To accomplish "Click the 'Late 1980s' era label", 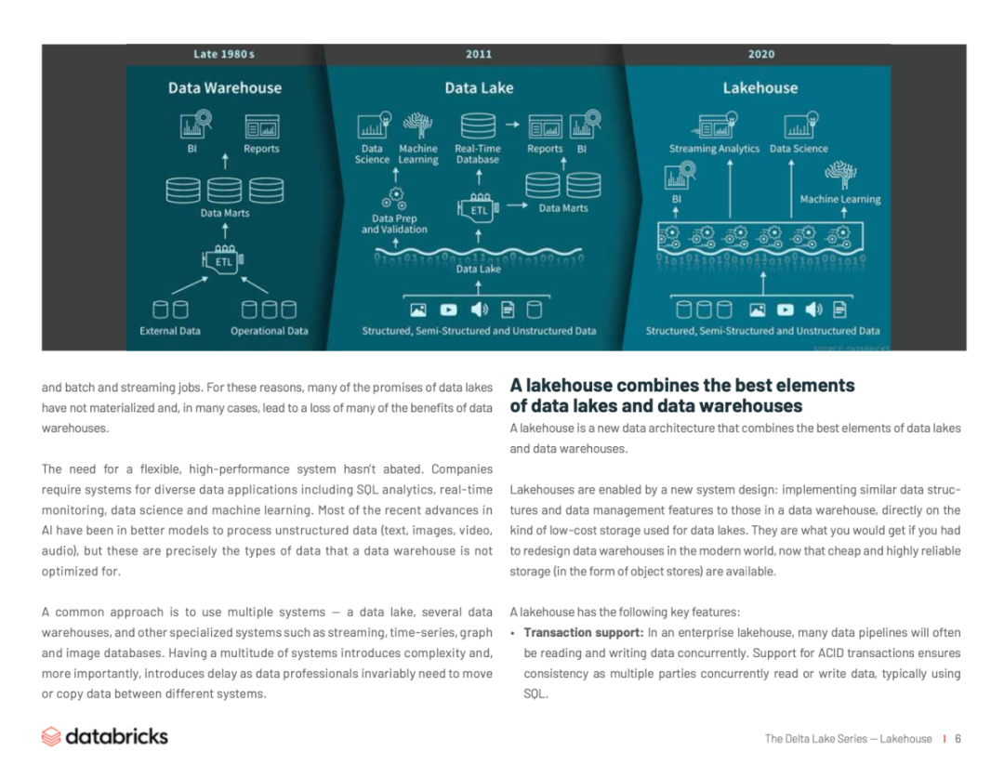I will click(224, 54).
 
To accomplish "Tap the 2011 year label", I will click(479, 54).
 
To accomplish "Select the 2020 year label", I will click(760, 54).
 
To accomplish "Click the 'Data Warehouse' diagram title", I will click(225, 88).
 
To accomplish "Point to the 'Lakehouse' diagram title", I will click(760, 88).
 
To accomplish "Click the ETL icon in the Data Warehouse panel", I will click(224, 259).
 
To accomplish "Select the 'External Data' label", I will click(170, 331).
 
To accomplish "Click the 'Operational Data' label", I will click(270, 331).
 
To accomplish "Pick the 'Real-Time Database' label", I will click(478, 154).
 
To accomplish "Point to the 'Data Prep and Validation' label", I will click(394, 224).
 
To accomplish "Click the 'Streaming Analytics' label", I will click(714, 149).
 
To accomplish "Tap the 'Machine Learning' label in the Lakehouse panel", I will click(840, 199).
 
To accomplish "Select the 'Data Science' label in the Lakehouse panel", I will click(799, 149).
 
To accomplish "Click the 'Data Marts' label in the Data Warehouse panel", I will click(225, 213).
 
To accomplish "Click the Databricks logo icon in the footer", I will click(51, 737).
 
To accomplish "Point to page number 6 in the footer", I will click(958, 739).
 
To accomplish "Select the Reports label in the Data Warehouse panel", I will click(261, 149).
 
